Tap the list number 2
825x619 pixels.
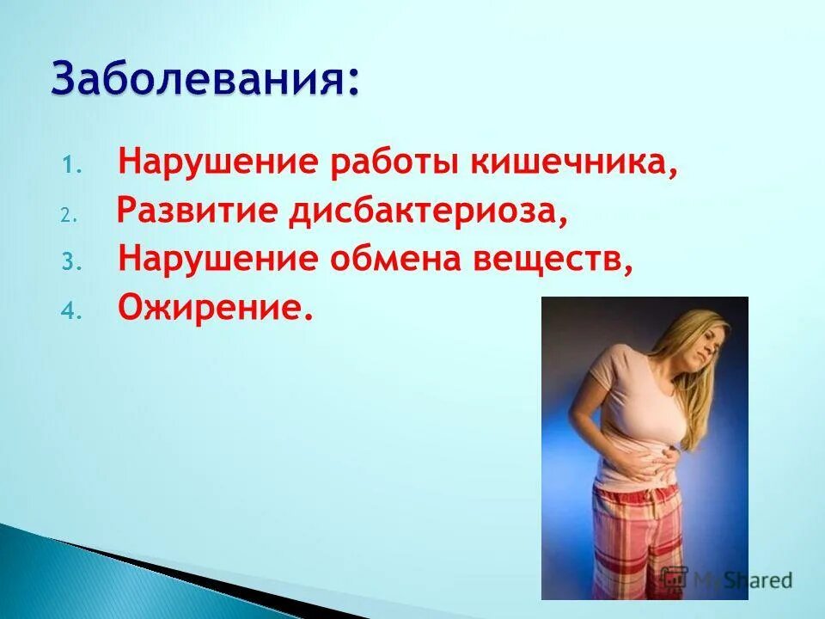[70, 216]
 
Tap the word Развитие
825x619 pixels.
[196, 211]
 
